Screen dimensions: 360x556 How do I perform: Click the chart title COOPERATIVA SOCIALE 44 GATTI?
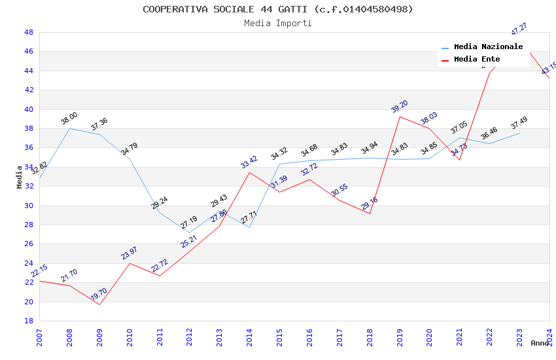278,9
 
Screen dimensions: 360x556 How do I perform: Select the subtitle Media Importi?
278,23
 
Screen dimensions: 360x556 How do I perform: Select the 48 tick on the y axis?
28,32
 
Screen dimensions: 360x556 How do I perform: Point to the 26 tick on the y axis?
28,244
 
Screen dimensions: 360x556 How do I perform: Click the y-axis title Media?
19,176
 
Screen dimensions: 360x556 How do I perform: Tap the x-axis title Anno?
540,343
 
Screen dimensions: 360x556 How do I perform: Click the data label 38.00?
69,118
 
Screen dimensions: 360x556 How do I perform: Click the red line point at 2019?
400,117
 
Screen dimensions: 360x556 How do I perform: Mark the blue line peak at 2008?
69,128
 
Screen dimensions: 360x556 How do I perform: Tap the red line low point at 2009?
99,304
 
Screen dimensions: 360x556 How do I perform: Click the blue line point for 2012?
190,232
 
